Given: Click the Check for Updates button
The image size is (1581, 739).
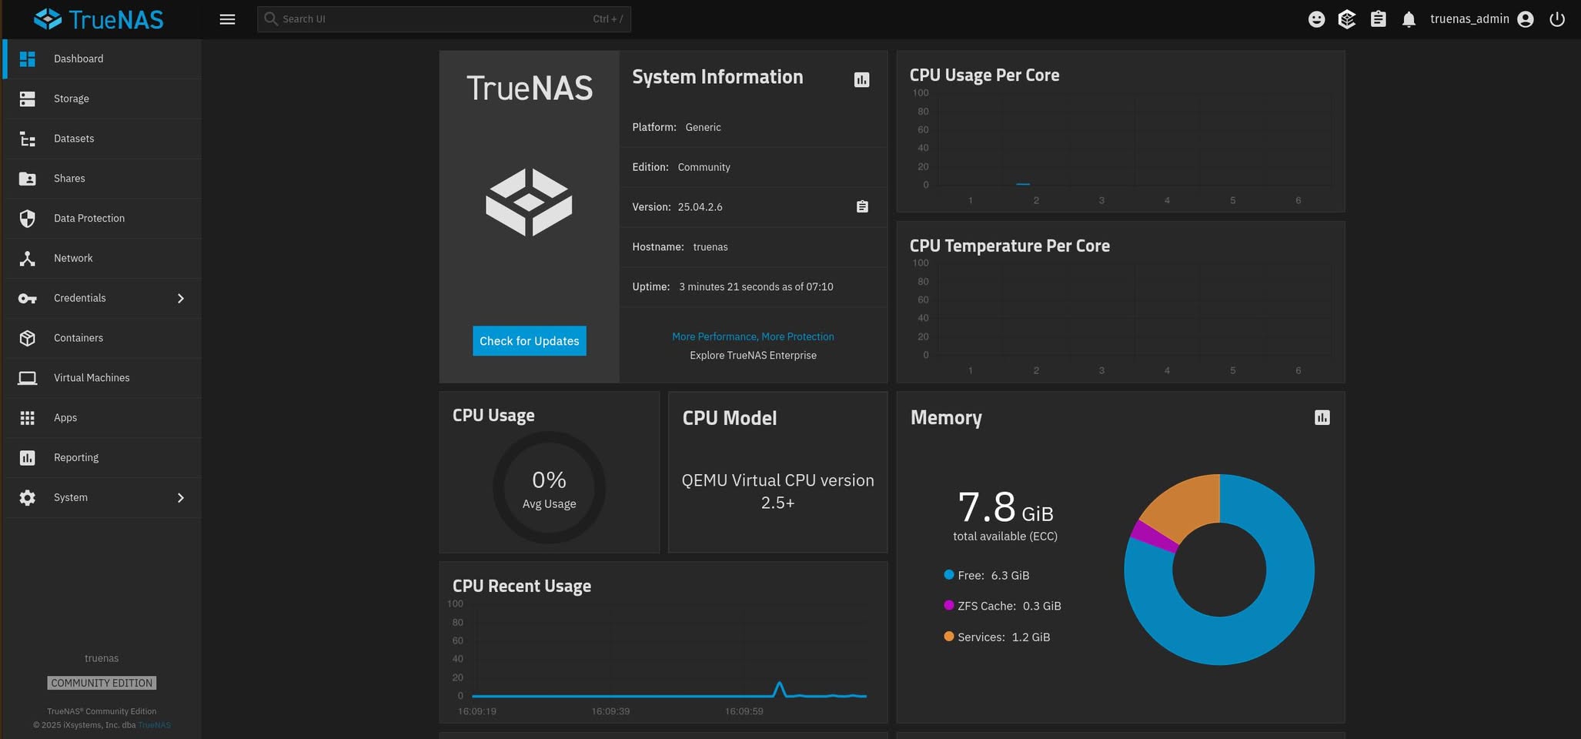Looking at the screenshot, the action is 529,341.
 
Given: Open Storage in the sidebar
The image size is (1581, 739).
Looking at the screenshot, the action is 72,99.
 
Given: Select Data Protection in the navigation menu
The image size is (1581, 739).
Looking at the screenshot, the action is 89,219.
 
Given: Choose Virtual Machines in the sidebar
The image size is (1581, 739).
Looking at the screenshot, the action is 92,378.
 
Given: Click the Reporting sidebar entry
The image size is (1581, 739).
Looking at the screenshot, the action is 76,457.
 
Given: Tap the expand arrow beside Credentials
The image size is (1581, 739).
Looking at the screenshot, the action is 181,298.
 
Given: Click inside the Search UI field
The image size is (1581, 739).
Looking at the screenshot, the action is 444,19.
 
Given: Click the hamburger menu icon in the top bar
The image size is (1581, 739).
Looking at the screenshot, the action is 227,19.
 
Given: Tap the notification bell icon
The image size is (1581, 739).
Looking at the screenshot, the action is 1409,19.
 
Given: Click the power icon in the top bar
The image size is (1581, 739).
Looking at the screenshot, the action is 1557,19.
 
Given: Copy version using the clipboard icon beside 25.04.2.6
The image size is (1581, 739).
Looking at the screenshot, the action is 862,206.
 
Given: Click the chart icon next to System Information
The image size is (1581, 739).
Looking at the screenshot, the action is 861,79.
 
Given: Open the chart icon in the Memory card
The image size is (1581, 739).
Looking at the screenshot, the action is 1322,417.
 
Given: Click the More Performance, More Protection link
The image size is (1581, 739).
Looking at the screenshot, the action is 753,336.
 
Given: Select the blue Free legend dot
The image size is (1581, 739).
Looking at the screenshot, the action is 949,575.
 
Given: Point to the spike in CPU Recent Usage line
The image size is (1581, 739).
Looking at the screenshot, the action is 780,684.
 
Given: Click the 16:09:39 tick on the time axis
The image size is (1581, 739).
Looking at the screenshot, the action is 610,711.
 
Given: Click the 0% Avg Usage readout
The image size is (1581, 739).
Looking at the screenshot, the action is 549,489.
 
